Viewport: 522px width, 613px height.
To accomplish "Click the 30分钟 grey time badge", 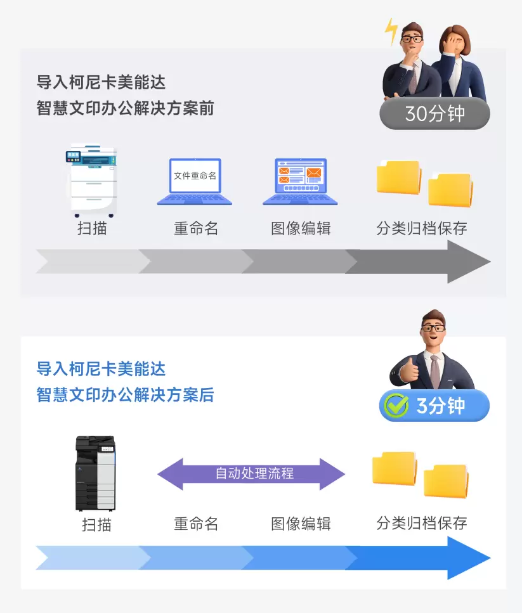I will [x=434, y=113].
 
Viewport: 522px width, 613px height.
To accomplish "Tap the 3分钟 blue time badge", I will [x=434, y=406].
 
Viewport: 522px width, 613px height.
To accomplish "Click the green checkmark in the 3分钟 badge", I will [x=396, y=406].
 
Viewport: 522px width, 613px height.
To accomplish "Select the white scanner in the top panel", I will [x=93, y=180].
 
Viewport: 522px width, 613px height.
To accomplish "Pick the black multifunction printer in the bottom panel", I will [x=96, y=473].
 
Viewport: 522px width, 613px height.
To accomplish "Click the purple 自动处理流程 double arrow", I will [x=251, y=474].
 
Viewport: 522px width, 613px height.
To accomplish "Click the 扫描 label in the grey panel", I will [x=93, y=228].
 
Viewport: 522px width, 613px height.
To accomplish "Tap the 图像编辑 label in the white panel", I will [x=301, y=524].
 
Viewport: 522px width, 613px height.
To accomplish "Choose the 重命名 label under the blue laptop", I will [x=195, y=228].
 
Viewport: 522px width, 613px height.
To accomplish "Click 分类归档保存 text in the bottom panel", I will [x=422, y=522].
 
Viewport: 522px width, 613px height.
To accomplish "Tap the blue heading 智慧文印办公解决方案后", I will [x=125, y=395].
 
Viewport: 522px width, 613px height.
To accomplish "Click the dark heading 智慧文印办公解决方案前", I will [x=125, y=108].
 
